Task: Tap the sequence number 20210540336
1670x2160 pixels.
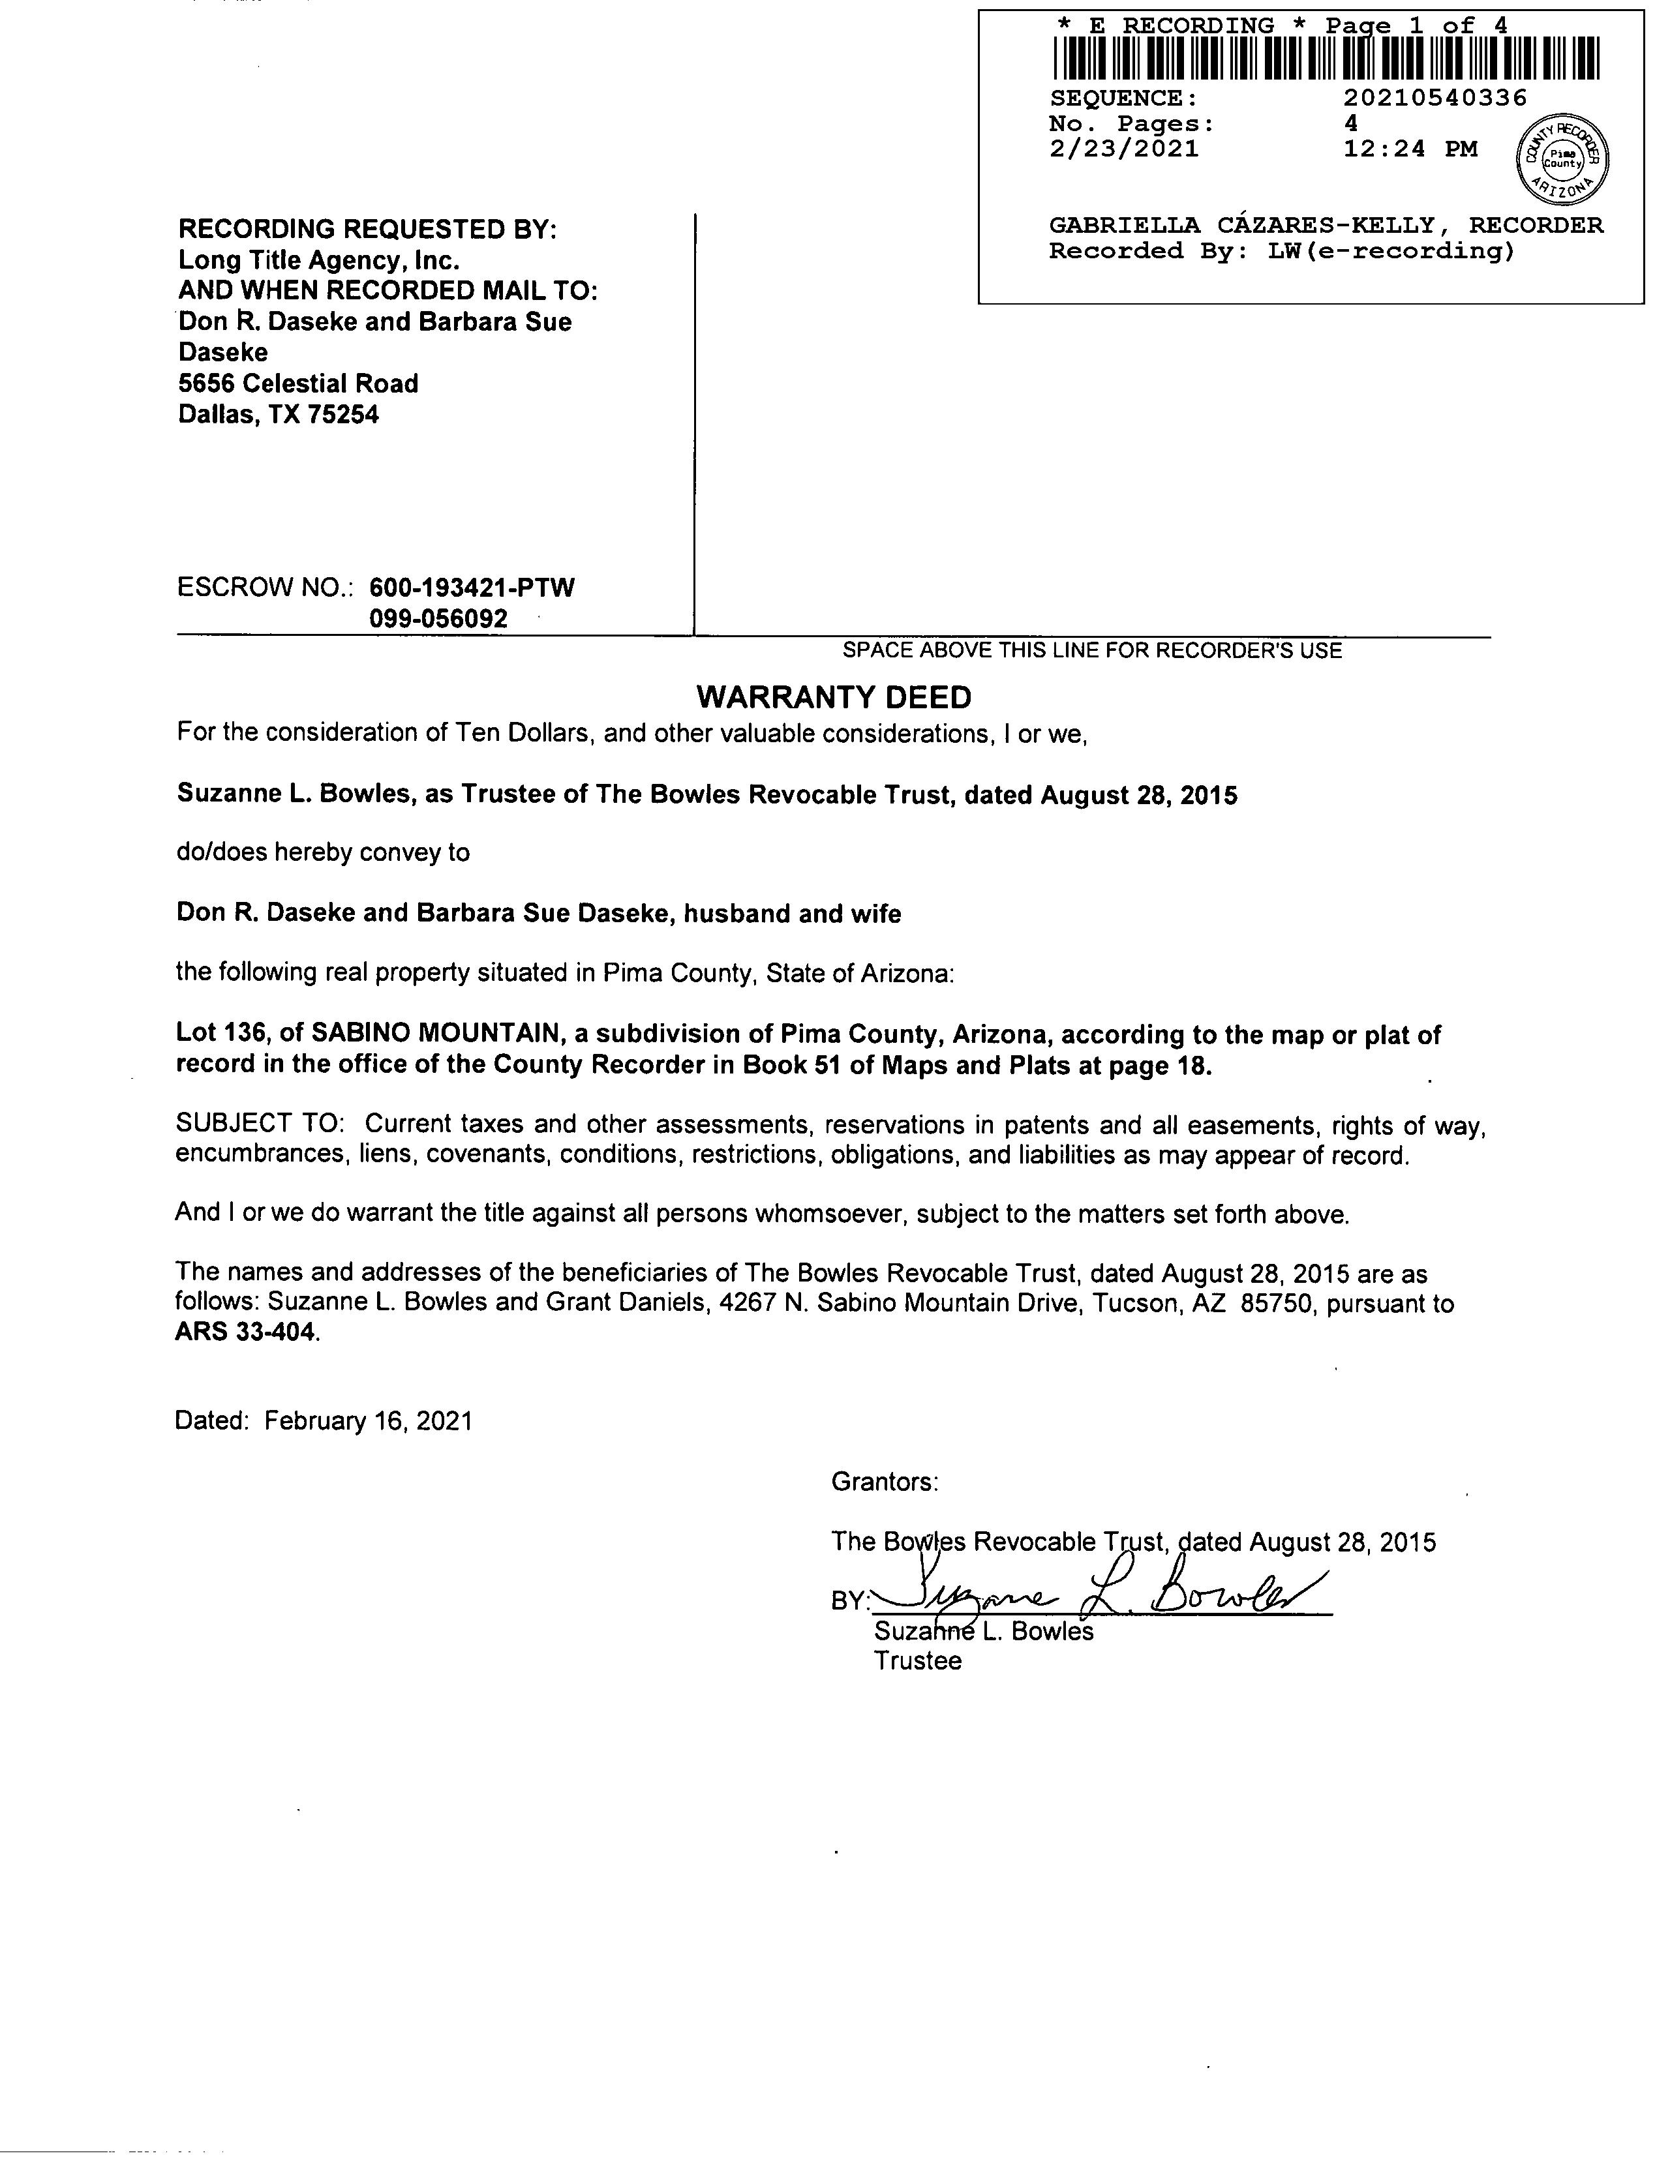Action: [x=1435, y=98]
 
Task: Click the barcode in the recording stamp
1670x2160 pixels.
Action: [x=1326, y=58]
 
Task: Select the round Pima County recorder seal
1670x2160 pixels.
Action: [x=1562, y=157]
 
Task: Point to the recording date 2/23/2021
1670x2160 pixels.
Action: [x=1124, y=149]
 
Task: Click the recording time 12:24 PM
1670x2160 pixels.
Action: [x=1410, y=149]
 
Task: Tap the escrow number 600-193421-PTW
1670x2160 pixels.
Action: [x=471, y=588]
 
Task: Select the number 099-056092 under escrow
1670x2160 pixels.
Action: [x=438, y=619]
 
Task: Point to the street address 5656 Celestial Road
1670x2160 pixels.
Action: [x=297, y=383]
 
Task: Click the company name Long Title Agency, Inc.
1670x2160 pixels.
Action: [x=318, y=260]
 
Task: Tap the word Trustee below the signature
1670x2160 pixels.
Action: [x=917, y=1660]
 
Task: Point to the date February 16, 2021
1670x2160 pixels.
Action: [x=368, y=1421]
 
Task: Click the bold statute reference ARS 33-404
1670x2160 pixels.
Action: [x=247, y=1332]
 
